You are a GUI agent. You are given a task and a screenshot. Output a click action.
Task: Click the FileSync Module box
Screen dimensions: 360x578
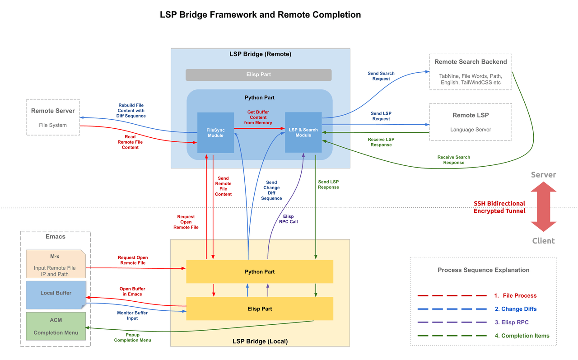(x=215, y=133)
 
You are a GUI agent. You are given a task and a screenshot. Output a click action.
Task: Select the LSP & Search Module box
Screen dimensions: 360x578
(x=303, y=132)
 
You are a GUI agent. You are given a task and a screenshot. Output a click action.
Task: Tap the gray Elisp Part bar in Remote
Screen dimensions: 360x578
(x=258, y=75)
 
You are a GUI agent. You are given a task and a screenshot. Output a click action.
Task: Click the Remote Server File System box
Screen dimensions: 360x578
(x=53, y=117)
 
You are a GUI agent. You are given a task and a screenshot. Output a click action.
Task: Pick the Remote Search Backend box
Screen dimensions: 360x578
(x=470, y=71)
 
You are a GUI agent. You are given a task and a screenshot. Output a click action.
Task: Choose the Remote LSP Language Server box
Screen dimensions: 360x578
(x=470, y=122)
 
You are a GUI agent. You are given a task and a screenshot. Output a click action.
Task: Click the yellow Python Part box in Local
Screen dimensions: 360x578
(x=260, y=271)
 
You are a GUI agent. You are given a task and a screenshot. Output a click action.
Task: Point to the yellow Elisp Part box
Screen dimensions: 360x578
(x=260, y=309)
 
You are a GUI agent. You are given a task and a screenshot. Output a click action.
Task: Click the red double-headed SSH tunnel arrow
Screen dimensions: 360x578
(x=543, y=208)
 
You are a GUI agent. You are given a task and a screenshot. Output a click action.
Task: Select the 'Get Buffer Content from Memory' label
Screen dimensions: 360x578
(x=258, y=117)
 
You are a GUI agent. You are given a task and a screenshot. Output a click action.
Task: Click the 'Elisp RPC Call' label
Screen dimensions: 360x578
(x=287, y=219)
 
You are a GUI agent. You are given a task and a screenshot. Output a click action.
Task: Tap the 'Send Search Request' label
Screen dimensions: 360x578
(x=381, y=76)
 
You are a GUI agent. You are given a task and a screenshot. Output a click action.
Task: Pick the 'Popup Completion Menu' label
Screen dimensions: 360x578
(x=132, y=337)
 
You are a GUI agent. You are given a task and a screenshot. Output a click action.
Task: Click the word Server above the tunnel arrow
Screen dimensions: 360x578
(x=543, y=175)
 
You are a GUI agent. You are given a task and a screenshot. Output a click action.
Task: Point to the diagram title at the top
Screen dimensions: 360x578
(x=260, y=14)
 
